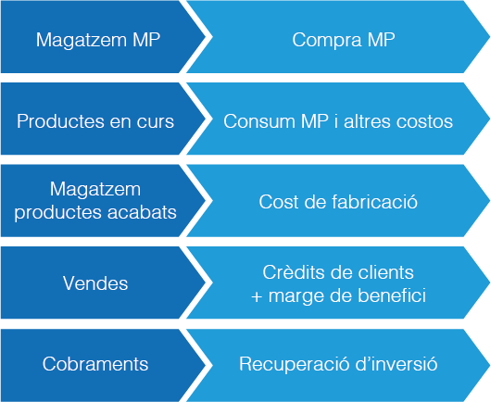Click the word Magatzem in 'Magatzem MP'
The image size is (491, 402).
point(81,41)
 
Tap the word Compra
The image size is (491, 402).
point(327,41)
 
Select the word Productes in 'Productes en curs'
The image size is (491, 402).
point(60,121)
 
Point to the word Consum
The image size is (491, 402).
point(259,121)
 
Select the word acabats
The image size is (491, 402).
point(142,212)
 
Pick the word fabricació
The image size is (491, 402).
point(374,202)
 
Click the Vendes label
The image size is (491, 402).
point(95,283)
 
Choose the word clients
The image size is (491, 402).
point(385,272)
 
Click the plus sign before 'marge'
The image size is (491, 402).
point(257,296)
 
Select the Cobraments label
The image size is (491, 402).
point(95,364)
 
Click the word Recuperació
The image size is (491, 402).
point(295,364)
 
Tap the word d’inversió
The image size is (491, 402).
point(397,364)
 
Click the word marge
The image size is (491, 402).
point(296,296)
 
